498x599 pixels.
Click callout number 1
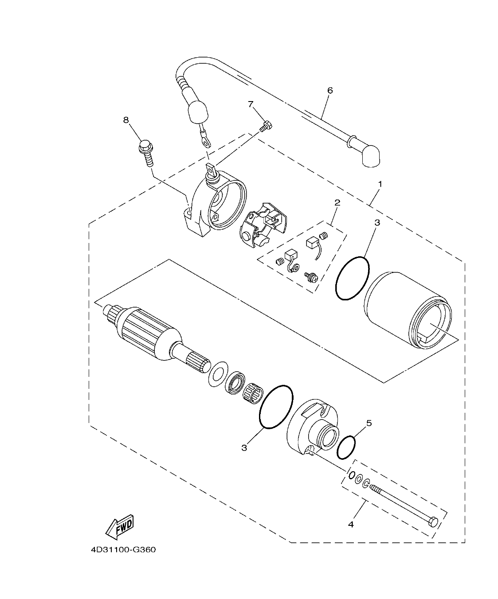(x=379, y=184)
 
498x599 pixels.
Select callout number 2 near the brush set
(x=337, y=203)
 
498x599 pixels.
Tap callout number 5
(x=369, y=423)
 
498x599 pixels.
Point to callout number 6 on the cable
(x=329, y=90)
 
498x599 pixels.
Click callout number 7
(x=251, y=104)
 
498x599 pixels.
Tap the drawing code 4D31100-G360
(x=123, y=550)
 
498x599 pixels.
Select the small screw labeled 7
(x=266, y=126)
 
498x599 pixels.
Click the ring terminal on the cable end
(x=205, y=141)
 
